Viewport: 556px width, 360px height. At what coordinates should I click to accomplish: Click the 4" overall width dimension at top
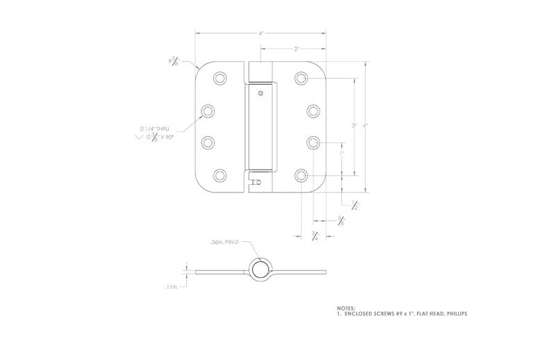pyautogui.click(x=261, y=33)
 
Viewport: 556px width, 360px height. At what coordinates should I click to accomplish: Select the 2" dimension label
pyautogui.click(x=296, y=49)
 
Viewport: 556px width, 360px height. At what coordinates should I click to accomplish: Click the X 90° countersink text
pyautogui.click(x=170, y=138)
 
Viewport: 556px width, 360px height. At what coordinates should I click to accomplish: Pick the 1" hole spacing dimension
pyautogui.click(x=341, y=152)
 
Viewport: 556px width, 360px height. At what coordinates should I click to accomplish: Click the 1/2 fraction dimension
pyautogui.click(x=355, y=204)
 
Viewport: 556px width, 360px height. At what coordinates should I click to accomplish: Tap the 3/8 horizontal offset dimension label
pyautogui.click(x=341, y=220)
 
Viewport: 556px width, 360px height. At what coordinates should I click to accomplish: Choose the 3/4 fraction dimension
pyautogui.click(x=314, y=236)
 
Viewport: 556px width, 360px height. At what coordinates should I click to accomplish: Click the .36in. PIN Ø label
pyautogui.click(x=224, y=243)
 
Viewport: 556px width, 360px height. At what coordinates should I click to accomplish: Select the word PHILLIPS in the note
pyautogui.click(x=452, y=313)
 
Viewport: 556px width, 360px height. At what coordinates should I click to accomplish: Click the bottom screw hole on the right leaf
pyautogui.click(x=300, y=175)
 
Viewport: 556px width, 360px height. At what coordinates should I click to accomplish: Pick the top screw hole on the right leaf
pyautogui.click(x=300, y=78)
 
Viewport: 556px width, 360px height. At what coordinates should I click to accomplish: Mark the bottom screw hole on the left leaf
pyautogui.click(x=220, y=175)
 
